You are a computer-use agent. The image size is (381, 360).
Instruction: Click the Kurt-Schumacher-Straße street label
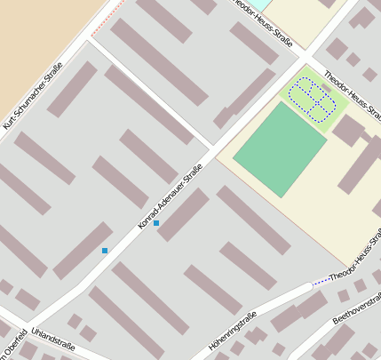34,96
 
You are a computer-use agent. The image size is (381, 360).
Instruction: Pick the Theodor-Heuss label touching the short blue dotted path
355,266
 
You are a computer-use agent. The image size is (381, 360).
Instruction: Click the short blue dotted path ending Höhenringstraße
321,281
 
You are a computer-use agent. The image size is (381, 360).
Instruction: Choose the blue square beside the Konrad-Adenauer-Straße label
156,223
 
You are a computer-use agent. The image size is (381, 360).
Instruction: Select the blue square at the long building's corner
105,251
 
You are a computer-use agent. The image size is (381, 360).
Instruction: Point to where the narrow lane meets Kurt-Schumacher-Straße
89,41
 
